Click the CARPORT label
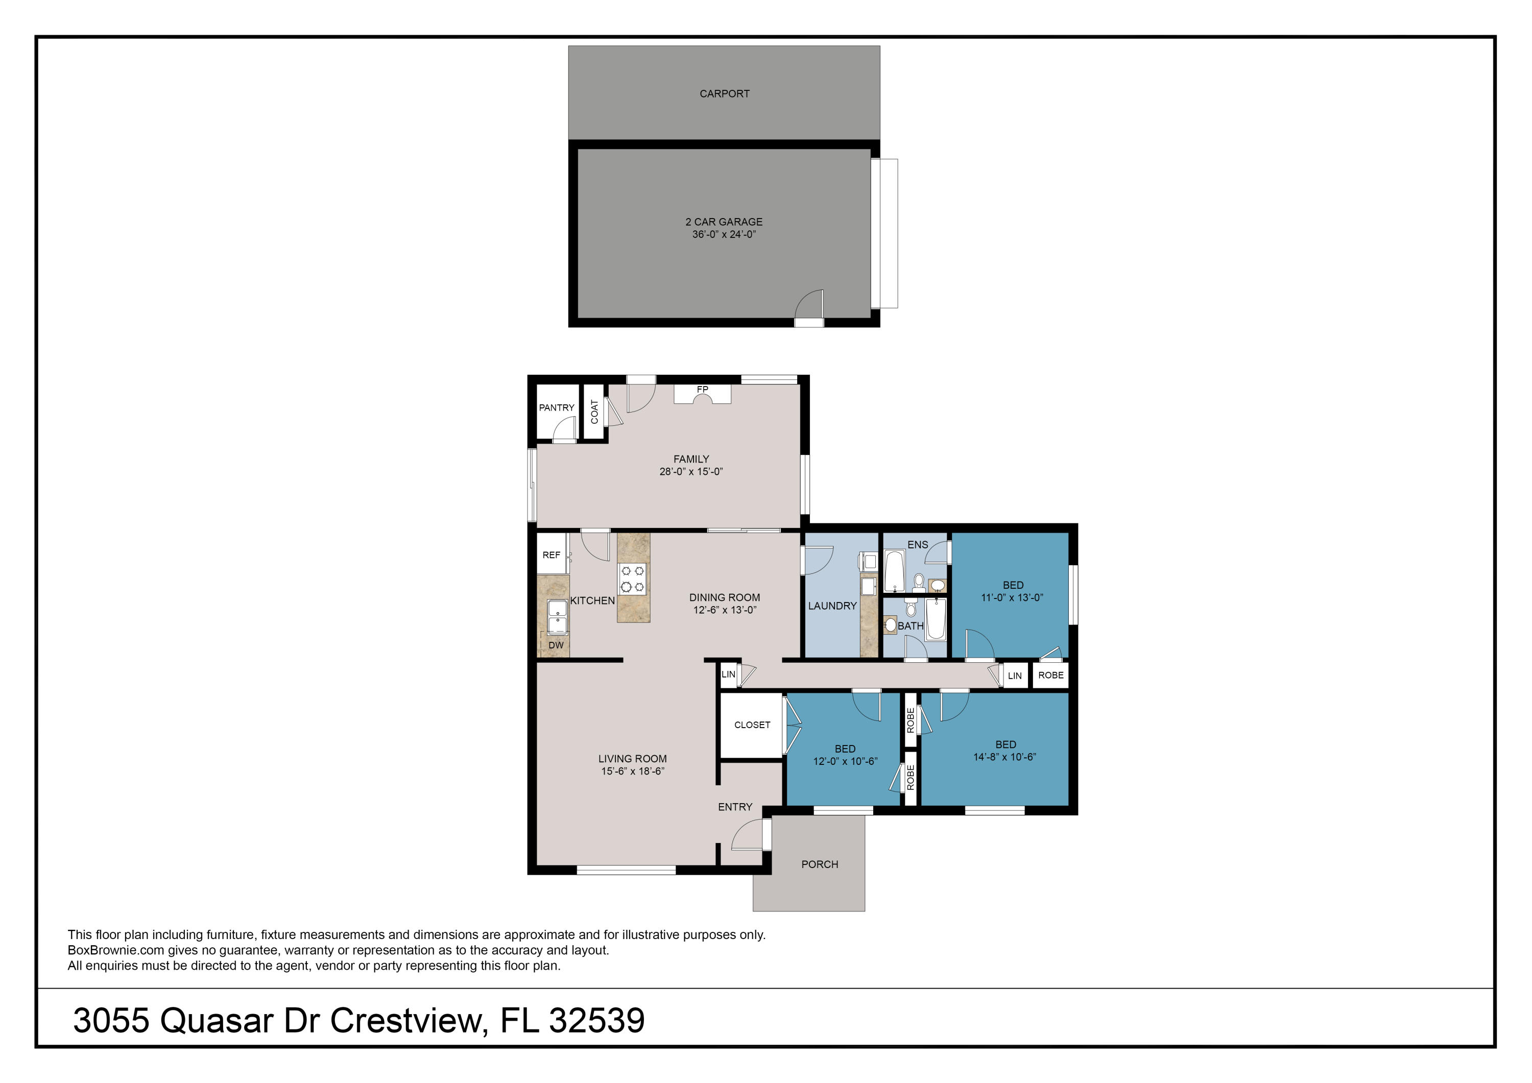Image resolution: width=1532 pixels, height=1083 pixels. click(724, 94)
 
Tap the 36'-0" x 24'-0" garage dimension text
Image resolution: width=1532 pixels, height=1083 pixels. click(724, 234)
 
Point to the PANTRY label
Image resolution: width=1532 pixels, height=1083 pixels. click(557, 407)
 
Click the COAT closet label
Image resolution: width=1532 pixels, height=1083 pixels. click(594, 412)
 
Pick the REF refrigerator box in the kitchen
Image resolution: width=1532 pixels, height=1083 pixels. click(552, 555)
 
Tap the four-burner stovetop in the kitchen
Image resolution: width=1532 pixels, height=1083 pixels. click(632, 579)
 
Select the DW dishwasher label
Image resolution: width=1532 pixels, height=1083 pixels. click(556, 645)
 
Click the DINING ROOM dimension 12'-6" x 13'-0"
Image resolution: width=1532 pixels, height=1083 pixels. click(724, 610)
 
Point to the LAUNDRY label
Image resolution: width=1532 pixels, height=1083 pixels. click(832, 606)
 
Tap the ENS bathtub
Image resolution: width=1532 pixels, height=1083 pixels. click(895, 570)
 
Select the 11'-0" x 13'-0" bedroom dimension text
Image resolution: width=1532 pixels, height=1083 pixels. click(1012, 598)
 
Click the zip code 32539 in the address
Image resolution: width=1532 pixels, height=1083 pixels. click(596, 1020)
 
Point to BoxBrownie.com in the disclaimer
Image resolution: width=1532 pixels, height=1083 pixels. click(115, 950)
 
